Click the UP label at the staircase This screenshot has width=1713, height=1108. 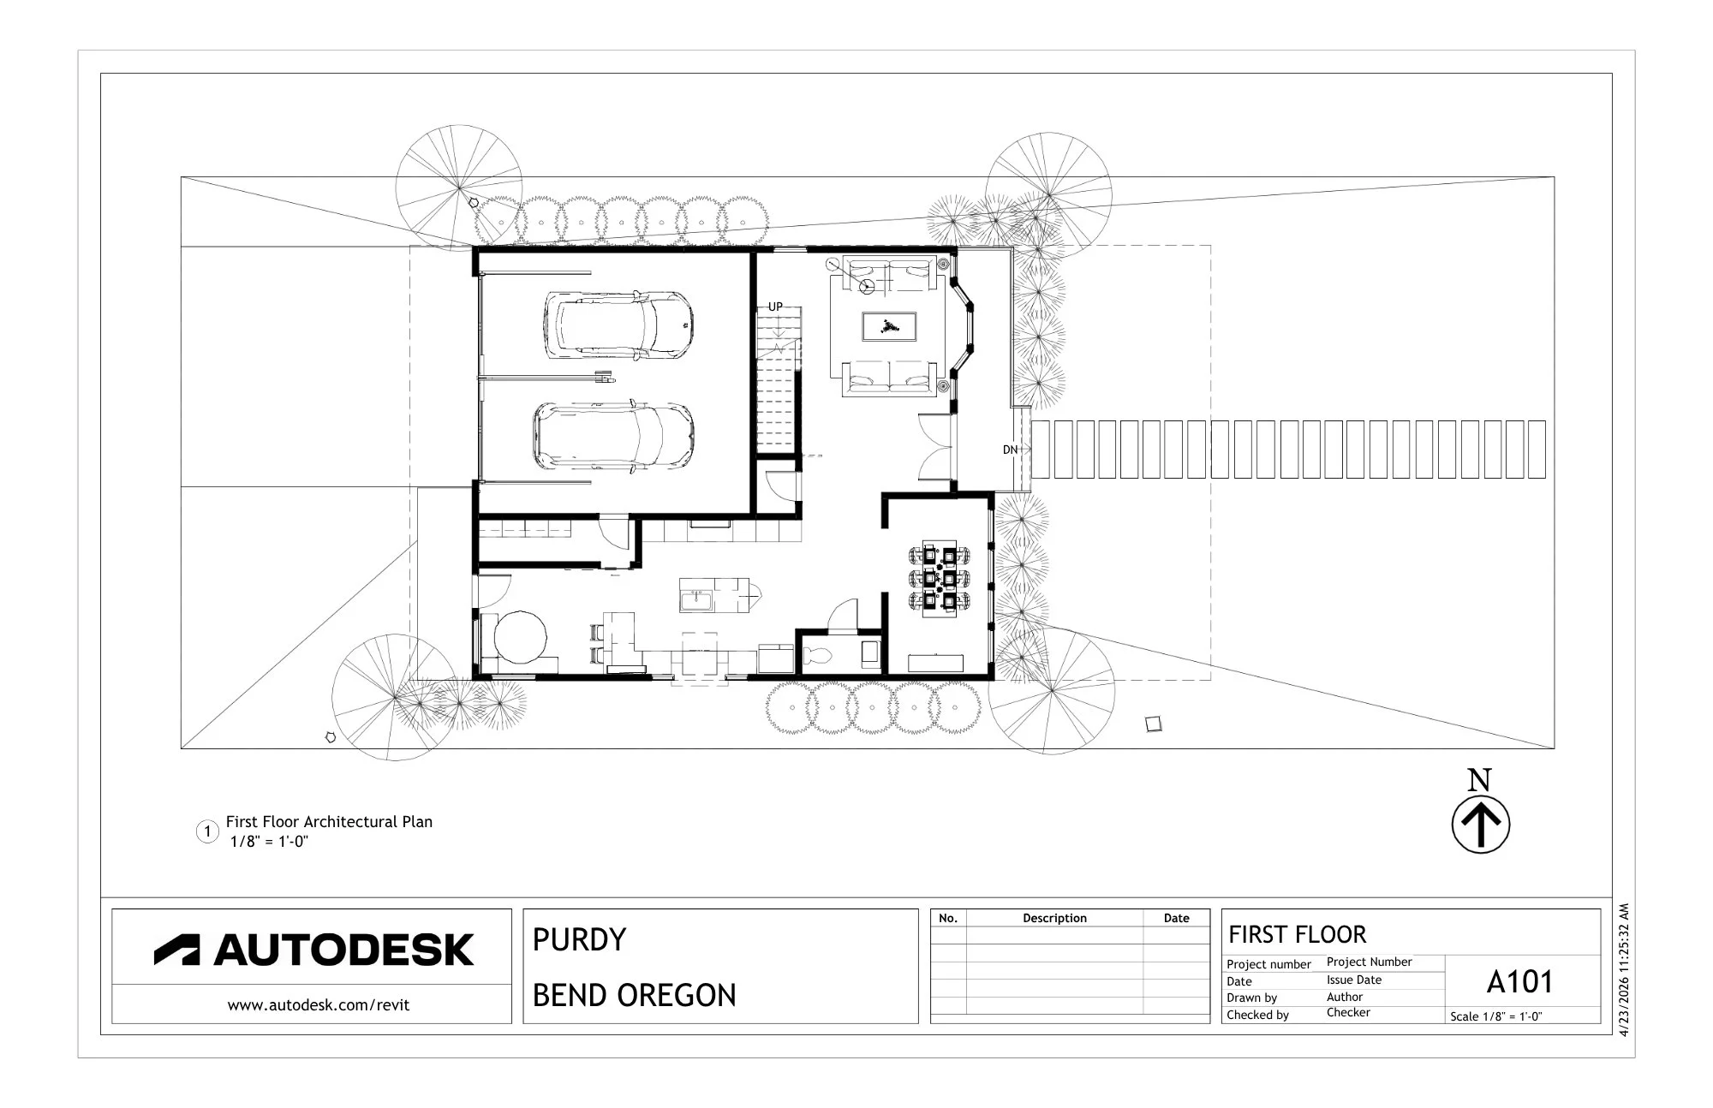click(x=775, y=307)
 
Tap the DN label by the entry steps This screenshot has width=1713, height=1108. click(x=1011, y=450)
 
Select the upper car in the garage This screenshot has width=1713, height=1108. click(x=618, y=325)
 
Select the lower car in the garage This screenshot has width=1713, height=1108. click(x=613, y=437)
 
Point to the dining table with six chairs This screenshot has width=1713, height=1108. click(x=940, y=578)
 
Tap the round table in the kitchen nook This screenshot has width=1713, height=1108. click(x=521, y=636)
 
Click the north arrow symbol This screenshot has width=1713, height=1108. click(x=1480, y=825)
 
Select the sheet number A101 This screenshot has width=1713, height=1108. click(x=1519, y=981)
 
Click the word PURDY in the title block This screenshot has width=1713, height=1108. click(x=580, y=940)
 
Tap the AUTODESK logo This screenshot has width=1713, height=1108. click(x=313, y=950)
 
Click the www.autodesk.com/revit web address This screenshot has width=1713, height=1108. click(x=318, y=1005)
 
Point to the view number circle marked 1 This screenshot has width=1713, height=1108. click(x=207, y=831)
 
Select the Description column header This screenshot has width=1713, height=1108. click(x=1054, y=918)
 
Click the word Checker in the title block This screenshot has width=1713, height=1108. click(x=1348, y=1013)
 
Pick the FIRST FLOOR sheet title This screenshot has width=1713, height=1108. click(x=1298, y=934)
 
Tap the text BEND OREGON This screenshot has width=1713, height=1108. click(x=635, y=996)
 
